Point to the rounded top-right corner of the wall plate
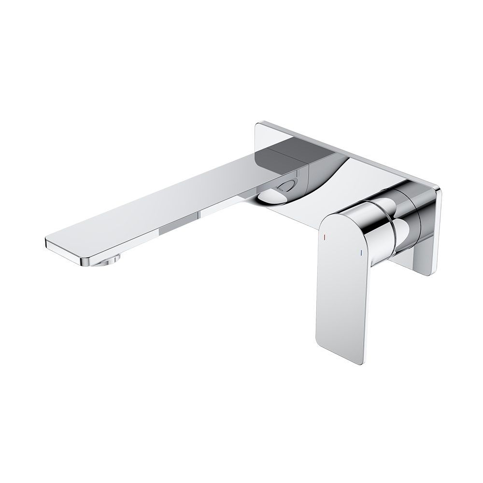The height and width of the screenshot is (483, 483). tap(437, 191)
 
